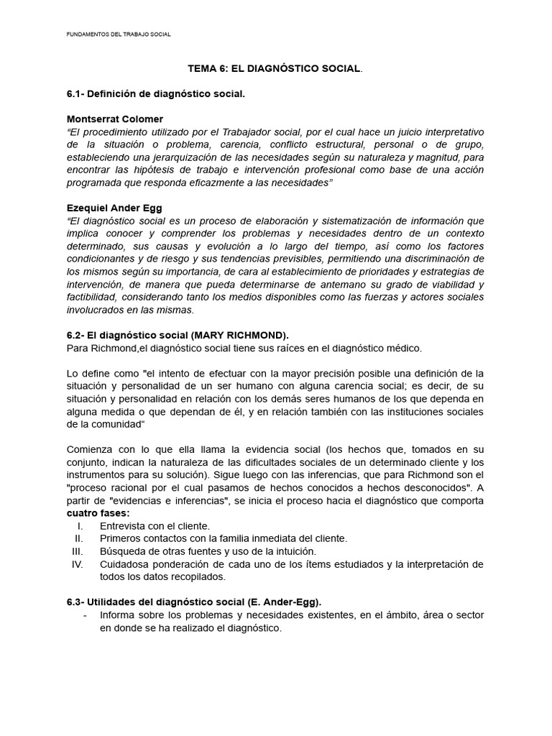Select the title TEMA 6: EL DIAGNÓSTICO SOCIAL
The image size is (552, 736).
(275, 68)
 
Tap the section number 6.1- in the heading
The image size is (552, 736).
(77, 94)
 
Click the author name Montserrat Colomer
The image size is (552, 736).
(115, 119)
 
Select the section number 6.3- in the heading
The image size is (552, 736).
(77, 602)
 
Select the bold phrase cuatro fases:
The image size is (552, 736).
(98, 513)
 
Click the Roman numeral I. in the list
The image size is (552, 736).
(79, 526)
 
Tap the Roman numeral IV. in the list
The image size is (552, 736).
(78, 564)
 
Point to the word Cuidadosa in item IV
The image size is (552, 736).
(126, 564)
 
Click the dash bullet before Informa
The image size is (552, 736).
(86, 615)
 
